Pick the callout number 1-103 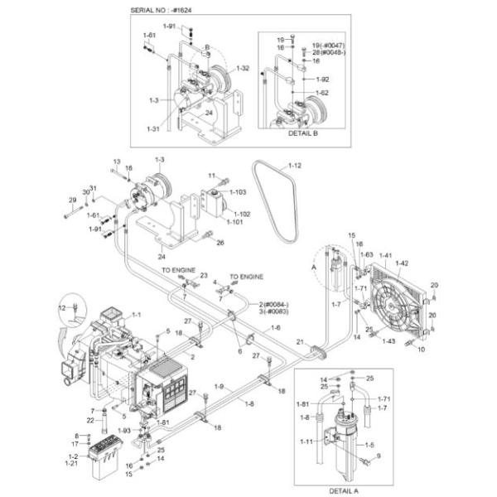[x=239, y=192]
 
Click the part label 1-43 [x=388, y=341]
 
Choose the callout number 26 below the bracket [x=220, y=243]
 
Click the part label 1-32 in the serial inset [x=243, y=67]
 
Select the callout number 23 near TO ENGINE [x=203, y=276]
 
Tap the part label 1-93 [x=125, y=430]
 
